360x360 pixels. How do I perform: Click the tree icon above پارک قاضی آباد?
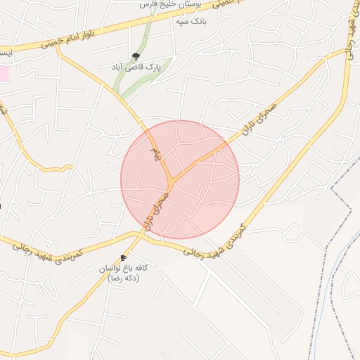click(136, 56)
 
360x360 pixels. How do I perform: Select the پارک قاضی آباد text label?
click(136, 67)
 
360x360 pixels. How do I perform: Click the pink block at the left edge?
click(4, 72)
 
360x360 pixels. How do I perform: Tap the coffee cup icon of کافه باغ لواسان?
click(124, 258)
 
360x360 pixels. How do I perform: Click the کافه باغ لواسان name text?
click(124, 269)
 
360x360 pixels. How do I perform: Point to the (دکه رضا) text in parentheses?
click(124, 279)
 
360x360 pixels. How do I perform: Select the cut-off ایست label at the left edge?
click(4, 53)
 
